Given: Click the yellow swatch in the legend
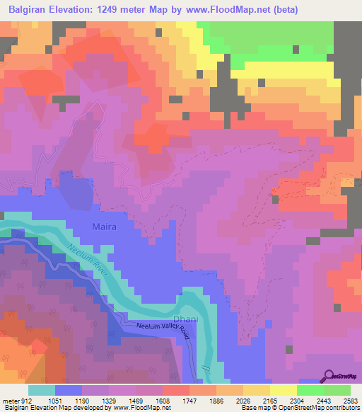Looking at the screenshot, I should tap(284, 389).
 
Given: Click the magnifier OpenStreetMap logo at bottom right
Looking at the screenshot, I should tap(328, 377).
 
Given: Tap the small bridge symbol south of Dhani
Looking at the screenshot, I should tap(205, 369).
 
